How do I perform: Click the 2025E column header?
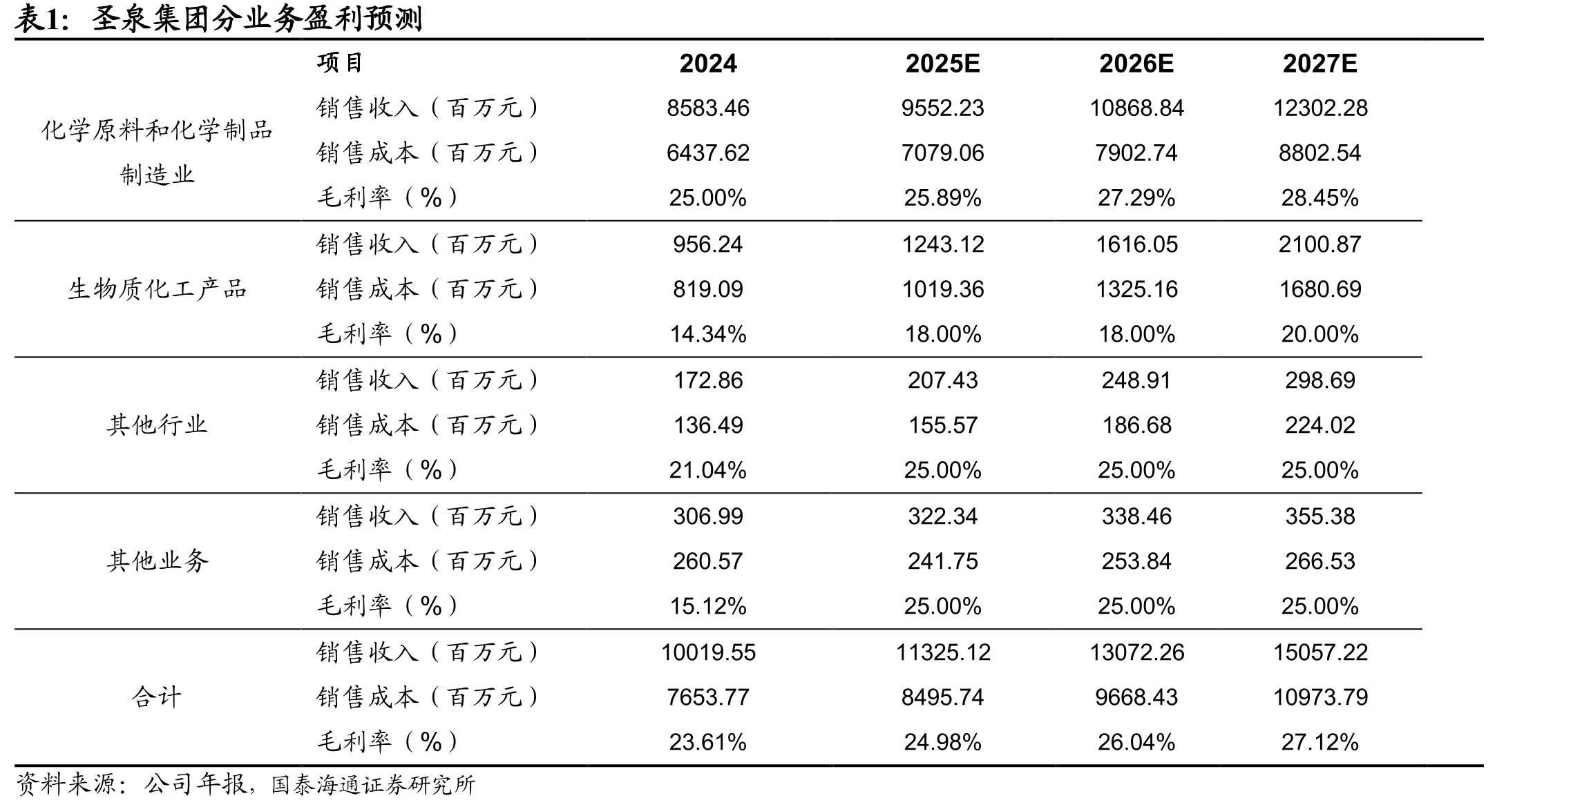[942, 64]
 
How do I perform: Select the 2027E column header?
[1320, 64]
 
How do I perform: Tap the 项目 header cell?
[340, 63]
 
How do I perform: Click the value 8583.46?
[708, 108]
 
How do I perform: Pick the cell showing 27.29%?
[1136, 198]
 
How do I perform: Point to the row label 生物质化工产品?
[158, 289]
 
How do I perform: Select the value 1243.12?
[943, 244]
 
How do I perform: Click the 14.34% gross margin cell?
[708, 334]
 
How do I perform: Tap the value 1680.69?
[1320, 289]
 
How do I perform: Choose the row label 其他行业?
[158, 425]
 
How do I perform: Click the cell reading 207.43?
[943, 380]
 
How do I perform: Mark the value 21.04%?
[708, 470]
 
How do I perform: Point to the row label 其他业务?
[158, 561]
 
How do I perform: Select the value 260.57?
[708, 561]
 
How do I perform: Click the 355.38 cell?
[1320, 516]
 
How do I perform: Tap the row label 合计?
[157, 697]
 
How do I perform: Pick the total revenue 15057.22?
[1320, 652]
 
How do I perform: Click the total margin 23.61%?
[708, 742]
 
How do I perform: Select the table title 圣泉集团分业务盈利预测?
[257, 19]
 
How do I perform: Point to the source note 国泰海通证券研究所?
[374, 785]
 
